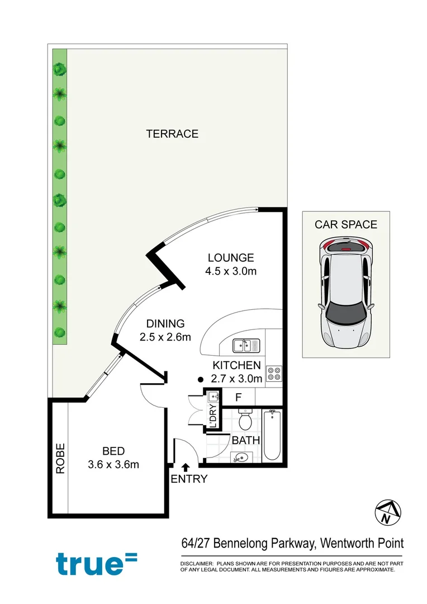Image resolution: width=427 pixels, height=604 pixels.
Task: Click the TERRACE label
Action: [x=172, y=134]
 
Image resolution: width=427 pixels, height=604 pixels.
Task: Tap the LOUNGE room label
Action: [x=231, y=258]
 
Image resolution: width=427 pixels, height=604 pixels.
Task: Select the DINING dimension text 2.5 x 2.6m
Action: [x=165, y=337]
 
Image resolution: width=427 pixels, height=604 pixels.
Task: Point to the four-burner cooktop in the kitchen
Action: [x=274, y=373]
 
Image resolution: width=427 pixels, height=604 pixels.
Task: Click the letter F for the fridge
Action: [x=238, y=398]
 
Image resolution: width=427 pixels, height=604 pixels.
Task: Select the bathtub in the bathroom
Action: [x=272, y=436]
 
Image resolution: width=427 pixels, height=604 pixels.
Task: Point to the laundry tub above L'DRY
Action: [x=212, y=398]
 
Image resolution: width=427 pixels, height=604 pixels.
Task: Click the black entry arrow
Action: [x=186, y=467]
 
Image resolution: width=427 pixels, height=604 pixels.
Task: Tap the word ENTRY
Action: [x=189, y=479]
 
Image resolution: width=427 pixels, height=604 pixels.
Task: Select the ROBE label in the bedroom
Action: [x=60, y=459]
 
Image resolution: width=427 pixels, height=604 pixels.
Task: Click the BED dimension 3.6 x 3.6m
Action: [x=113, y=464]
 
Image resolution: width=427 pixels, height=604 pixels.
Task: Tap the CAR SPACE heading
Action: [x=346, y=225]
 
